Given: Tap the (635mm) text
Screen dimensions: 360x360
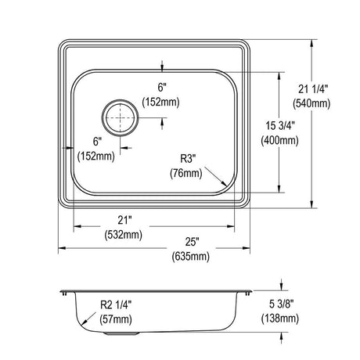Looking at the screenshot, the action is [x=191, y=257].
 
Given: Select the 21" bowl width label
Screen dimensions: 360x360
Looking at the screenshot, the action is [x=124, y=220].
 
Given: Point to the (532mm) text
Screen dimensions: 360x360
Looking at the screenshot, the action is [x=124, y=235].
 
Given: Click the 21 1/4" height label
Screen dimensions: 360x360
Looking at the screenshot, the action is [x=313, y=89].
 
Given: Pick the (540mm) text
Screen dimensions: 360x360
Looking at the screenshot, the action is [x=311, y=103].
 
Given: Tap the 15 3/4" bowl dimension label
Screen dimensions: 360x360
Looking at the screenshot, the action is [x=280, y=126].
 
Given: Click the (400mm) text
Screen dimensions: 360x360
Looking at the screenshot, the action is [x=280, y=141].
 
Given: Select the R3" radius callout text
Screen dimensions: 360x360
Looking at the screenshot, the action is [x=188, y=158].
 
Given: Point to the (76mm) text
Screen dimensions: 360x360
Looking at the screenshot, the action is [x=186, y=173].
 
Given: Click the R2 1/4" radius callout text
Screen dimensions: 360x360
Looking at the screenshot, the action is [x=116, y=304].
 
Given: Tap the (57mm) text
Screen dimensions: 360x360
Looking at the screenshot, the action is [x=116, y=319].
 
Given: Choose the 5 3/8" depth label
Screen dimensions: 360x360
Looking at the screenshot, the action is [x=282, y=304].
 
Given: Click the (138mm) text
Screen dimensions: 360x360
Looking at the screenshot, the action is [x=280, y=319].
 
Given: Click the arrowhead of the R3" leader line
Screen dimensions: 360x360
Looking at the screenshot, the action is [x=224, y=184].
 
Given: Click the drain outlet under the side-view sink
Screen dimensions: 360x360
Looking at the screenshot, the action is [x=121, y=333].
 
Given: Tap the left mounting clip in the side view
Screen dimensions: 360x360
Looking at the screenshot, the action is [x=64, y=293].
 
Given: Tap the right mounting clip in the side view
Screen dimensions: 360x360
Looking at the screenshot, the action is [x=248, y=293].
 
